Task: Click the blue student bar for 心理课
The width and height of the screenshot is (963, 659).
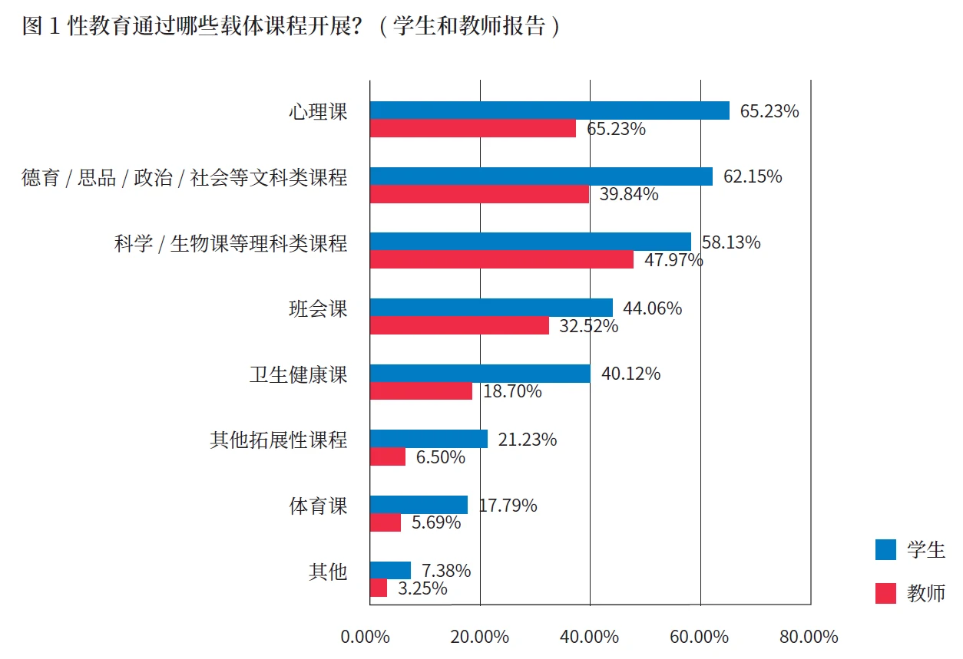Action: (549, 110)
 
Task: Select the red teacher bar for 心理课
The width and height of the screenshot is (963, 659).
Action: (472, 129)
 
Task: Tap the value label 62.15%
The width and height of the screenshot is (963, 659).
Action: (753, 176)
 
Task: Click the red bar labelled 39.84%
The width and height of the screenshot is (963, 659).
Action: (479, 195)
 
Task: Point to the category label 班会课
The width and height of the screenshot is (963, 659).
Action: (318, 308)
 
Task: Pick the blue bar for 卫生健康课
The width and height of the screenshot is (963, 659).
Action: (480, 374)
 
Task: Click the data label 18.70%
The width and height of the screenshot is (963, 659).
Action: (512, 391)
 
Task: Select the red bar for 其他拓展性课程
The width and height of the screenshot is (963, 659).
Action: (387, 457)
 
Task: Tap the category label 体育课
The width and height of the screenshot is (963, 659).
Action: (318, 506)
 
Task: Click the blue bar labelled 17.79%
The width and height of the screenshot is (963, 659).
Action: (419, 505)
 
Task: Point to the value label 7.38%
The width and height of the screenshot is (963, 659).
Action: (446, 571)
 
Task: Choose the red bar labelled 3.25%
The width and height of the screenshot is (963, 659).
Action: (378, 588)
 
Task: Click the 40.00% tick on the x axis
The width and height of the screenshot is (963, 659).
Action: (590, 638)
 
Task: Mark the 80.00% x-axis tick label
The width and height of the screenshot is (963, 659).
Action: (809, 638)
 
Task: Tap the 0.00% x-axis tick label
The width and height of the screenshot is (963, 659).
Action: (366, 638)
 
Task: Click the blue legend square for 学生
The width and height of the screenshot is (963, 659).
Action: (885, 549)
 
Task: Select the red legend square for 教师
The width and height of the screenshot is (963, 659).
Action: (885, 593)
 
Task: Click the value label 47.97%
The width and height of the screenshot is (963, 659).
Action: (673, 260)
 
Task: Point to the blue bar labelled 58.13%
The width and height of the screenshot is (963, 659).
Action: (530, 242)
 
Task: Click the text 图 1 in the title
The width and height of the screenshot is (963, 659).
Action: (41, 27)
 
